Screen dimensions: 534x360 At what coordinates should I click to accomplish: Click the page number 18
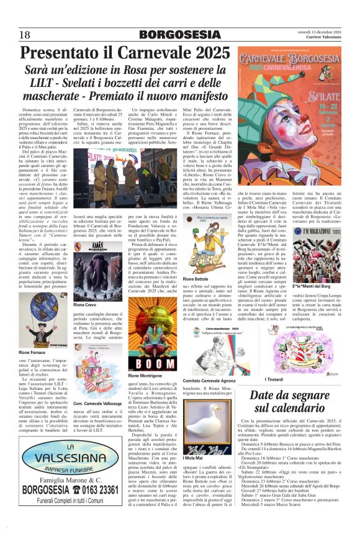[25, 34]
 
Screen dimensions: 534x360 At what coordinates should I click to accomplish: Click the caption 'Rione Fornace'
[36, 353]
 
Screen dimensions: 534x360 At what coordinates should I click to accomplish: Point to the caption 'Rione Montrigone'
[145, 376]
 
